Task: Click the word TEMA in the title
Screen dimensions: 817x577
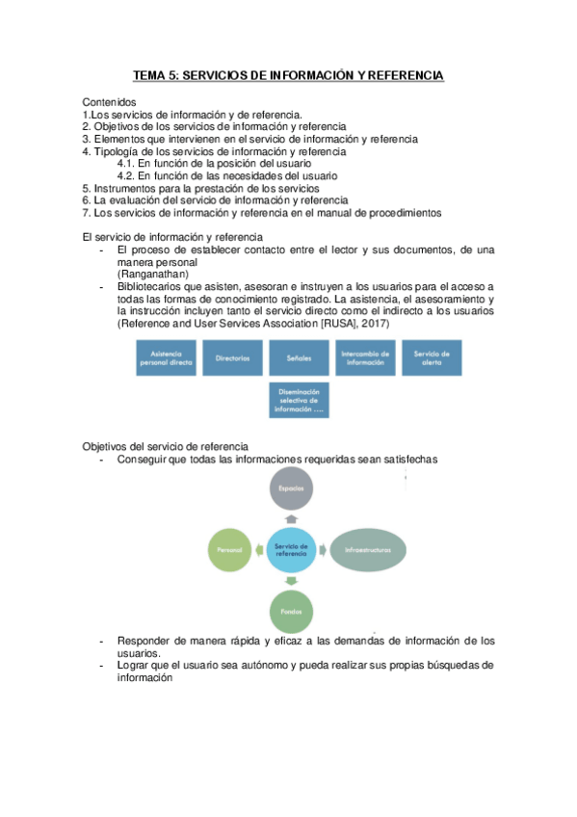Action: pos(148,75)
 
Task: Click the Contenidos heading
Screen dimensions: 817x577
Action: pos(109,101)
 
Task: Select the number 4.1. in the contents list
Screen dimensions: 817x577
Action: pos(126,164)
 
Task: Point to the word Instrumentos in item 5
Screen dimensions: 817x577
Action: pos(123,189)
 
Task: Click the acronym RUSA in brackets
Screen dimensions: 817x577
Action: pos(333,325)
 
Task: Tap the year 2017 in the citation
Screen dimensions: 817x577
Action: pos(374,325)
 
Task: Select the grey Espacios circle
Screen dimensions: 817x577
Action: pos(292,489)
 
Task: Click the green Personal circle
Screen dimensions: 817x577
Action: pos(229,551)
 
